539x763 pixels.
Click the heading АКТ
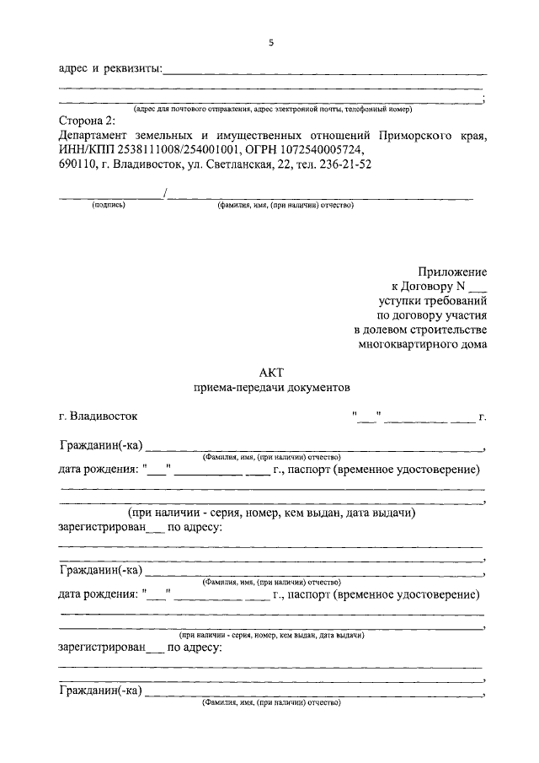pos(271,373)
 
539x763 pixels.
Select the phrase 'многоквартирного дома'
pos(422,343)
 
